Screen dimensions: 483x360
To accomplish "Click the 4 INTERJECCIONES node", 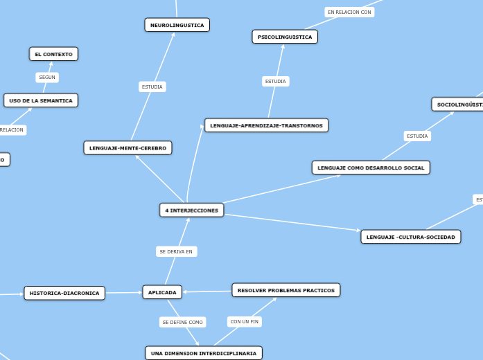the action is (x=191, y=210).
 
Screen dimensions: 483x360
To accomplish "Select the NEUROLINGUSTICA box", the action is (x=177, y=25).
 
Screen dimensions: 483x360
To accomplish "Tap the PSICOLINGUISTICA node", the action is (x=285, y=37).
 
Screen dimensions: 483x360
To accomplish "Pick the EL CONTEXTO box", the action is (x=53, y=54).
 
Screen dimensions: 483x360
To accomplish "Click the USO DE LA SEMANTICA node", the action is (x=41, y=100).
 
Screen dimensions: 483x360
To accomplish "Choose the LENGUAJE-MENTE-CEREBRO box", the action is (x=128, y=147).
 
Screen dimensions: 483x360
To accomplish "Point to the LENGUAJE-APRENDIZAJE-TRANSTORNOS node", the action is (x=266, y=125).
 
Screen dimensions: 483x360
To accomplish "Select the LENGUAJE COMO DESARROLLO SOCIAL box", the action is (x=371, y=168).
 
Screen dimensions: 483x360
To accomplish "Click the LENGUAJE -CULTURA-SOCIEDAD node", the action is (x=410, y=237).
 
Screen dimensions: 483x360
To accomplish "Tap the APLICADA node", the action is (x=162, y=292).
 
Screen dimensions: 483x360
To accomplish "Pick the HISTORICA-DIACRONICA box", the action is (x=64, y=293).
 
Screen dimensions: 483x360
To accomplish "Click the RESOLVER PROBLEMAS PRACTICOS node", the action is (x=286, y=290).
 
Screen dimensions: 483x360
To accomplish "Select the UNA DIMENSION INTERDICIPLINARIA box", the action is (x=204, y=353).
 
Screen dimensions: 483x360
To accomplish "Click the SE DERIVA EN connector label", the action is (x=176, y=251).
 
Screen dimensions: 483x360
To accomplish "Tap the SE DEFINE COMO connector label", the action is (x=182, y=322).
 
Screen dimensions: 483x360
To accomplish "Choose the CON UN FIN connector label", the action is (x=245, y=321).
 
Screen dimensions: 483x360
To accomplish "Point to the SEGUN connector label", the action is (x=47, y=78).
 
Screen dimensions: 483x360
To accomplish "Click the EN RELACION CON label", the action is (x=349, y=12).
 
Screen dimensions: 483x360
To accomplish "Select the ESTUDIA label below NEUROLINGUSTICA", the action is (x=152, y=87).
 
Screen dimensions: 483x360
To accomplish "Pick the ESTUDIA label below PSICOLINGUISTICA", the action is (x=275, y=81).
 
